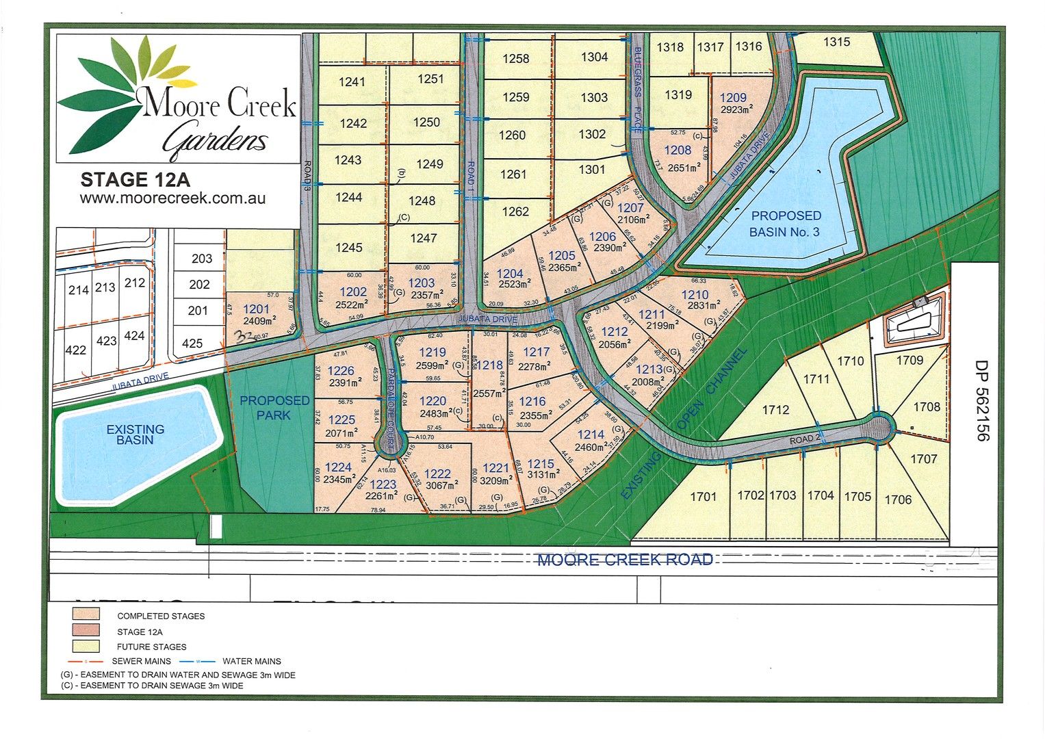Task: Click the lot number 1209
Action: coord(733,98)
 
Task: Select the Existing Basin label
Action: coord(135,435)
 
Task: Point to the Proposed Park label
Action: coord(274,407)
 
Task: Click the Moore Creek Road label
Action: coord(625,560)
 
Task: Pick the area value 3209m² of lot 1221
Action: coord(495,480)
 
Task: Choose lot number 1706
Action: coord(898,500)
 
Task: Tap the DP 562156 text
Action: coord(982,401)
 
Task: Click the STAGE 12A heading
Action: coord(135,180)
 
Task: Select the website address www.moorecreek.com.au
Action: coord(172,198)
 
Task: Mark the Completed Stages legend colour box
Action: coord(86,614)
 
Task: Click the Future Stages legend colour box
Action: coord(86,646)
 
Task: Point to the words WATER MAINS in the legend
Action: coord(252,662)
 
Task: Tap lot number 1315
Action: coord(836,42)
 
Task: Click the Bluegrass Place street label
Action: coord(636,89)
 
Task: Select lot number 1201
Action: coord(256,309)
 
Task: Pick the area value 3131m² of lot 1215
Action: coord(541,475)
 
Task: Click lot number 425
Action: coord(192,343)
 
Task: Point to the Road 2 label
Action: coord(805,440)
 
